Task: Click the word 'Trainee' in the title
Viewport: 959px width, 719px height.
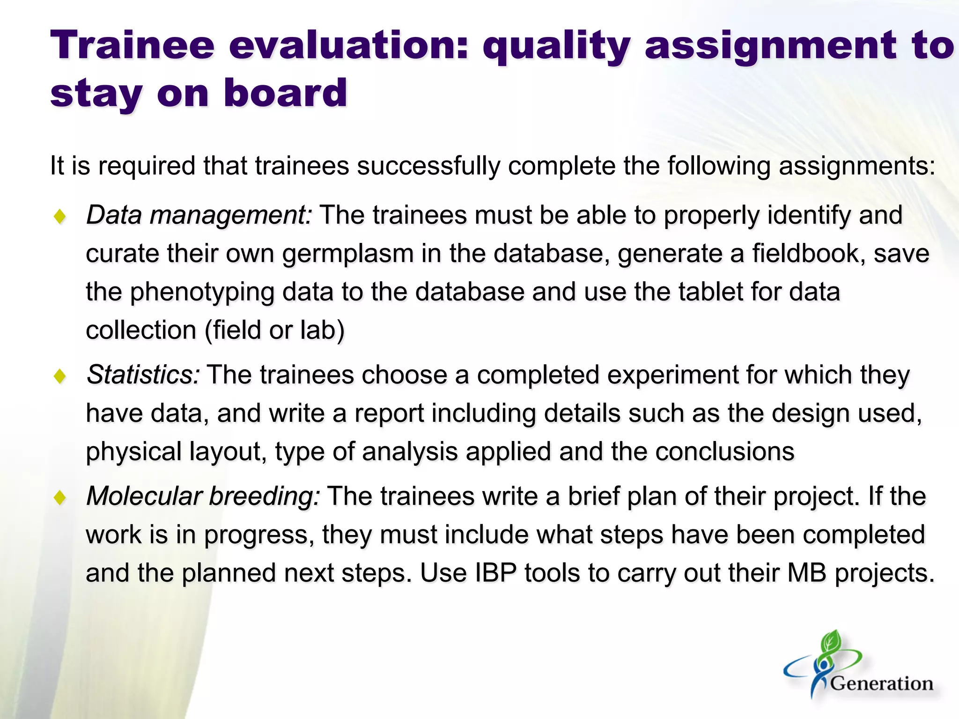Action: [x=132, y=45]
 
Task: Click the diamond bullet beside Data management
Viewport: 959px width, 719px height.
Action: [x=60, y=217]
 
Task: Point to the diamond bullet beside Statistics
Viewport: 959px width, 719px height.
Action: [x=60, y=376]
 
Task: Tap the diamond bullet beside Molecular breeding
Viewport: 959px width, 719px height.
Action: [x=60, y=497]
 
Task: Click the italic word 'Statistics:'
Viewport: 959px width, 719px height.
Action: [x=144, y=375]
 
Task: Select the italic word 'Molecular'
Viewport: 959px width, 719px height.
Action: [x=144, y=496]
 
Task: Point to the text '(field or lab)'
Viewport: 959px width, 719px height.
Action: [x=274, y=330]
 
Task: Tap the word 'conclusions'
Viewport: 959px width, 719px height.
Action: [x=724, y=452]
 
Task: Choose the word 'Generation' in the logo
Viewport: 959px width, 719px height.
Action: [x=881, y=684]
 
